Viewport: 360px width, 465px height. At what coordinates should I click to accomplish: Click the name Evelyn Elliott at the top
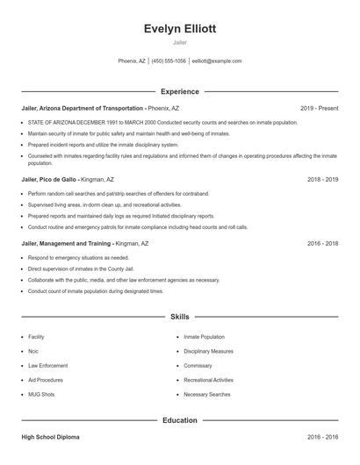point(179,28)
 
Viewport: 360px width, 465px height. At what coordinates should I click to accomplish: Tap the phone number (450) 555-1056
point(169,61)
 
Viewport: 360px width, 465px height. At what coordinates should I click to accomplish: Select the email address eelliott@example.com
point(216,61)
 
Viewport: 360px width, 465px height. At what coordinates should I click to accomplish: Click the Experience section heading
point(179,91)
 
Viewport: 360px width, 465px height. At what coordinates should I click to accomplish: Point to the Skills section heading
point(179,316)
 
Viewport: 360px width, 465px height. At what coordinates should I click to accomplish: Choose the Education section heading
point(179,420)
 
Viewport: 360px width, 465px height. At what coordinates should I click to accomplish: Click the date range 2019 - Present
point(319,108)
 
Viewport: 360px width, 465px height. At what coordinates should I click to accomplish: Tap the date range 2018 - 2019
point(322,179)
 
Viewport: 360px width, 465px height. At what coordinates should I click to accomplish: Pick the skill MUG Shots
point(41,394)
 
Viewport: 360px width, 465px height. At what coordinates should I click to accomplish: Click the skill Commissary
point(198,365)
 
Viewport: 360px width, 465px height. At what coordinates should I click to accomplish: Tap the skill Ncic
point(33,351)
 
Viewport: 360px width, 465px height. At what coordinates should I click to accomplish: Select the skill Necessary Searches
point(207,394)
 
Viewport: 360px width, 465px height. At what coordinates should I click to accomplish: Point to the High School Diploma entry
point(54,436)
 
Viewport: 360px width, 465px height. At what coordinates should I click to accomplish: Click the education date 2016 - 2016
point(322,436)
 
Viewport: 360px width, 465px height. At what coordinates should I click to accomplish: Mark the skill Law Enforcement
point(47,365)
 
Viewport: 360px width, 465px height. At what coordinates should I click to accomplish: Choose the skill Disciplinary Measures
point(208,351)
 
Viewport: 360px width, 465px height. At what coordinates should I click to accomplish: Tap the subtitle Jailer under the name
point(179,42)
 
